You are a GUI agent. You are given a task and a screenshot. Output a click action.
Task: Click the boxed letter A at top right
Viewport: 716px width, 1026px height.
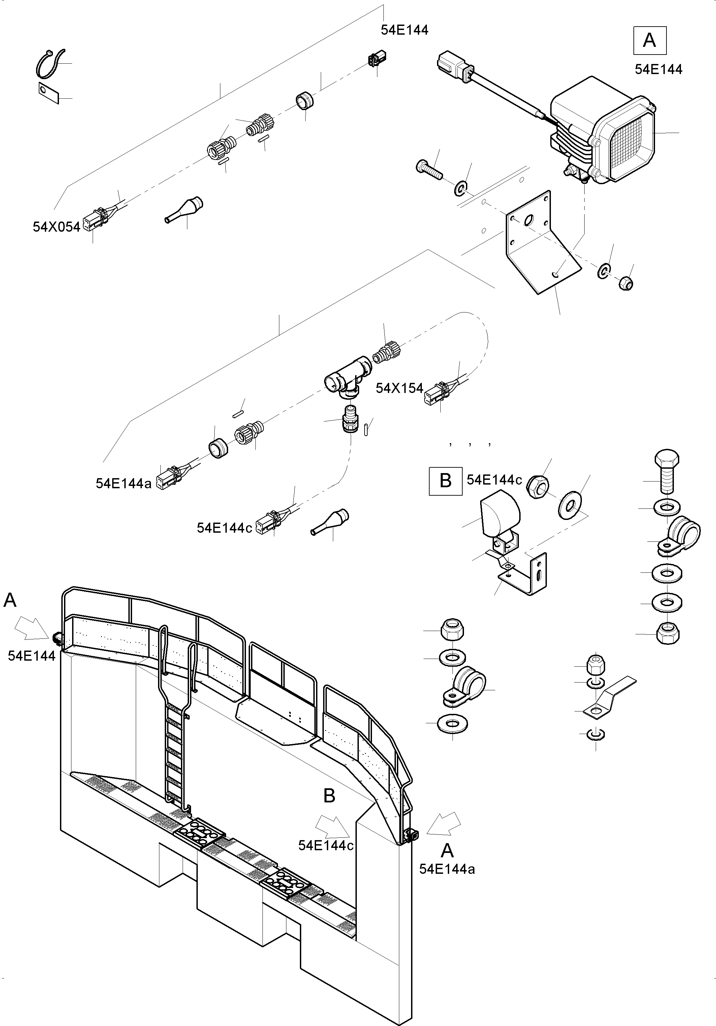point(649,41)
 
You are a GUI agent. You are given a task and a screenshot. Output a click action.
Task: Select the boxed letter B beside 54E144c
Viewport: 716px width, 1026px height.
point(445,481)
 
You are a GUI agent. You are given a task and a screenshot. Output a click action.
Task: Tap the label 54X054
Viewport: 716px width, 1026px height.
point(56,227)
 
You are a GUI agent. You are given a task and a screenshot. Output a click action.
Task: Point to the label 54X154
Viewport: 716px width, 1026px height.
point(399,388)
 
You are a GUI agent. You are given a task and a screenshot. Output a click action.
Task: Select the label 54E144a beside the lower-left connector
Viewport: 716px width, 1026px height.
point(123,483)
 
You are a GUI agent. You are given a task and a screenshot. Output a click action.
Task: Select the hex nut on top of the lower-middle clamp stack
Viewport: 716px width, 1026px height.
point(452,630)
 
